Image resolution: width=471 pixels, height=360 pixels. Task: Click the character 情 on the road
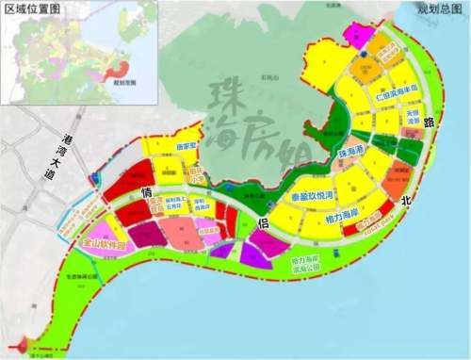147,191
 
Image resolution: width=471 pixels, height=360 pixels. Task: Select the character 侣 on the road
263,222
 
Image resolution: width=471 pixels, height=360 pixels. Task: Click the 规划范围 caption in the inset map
123,83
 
